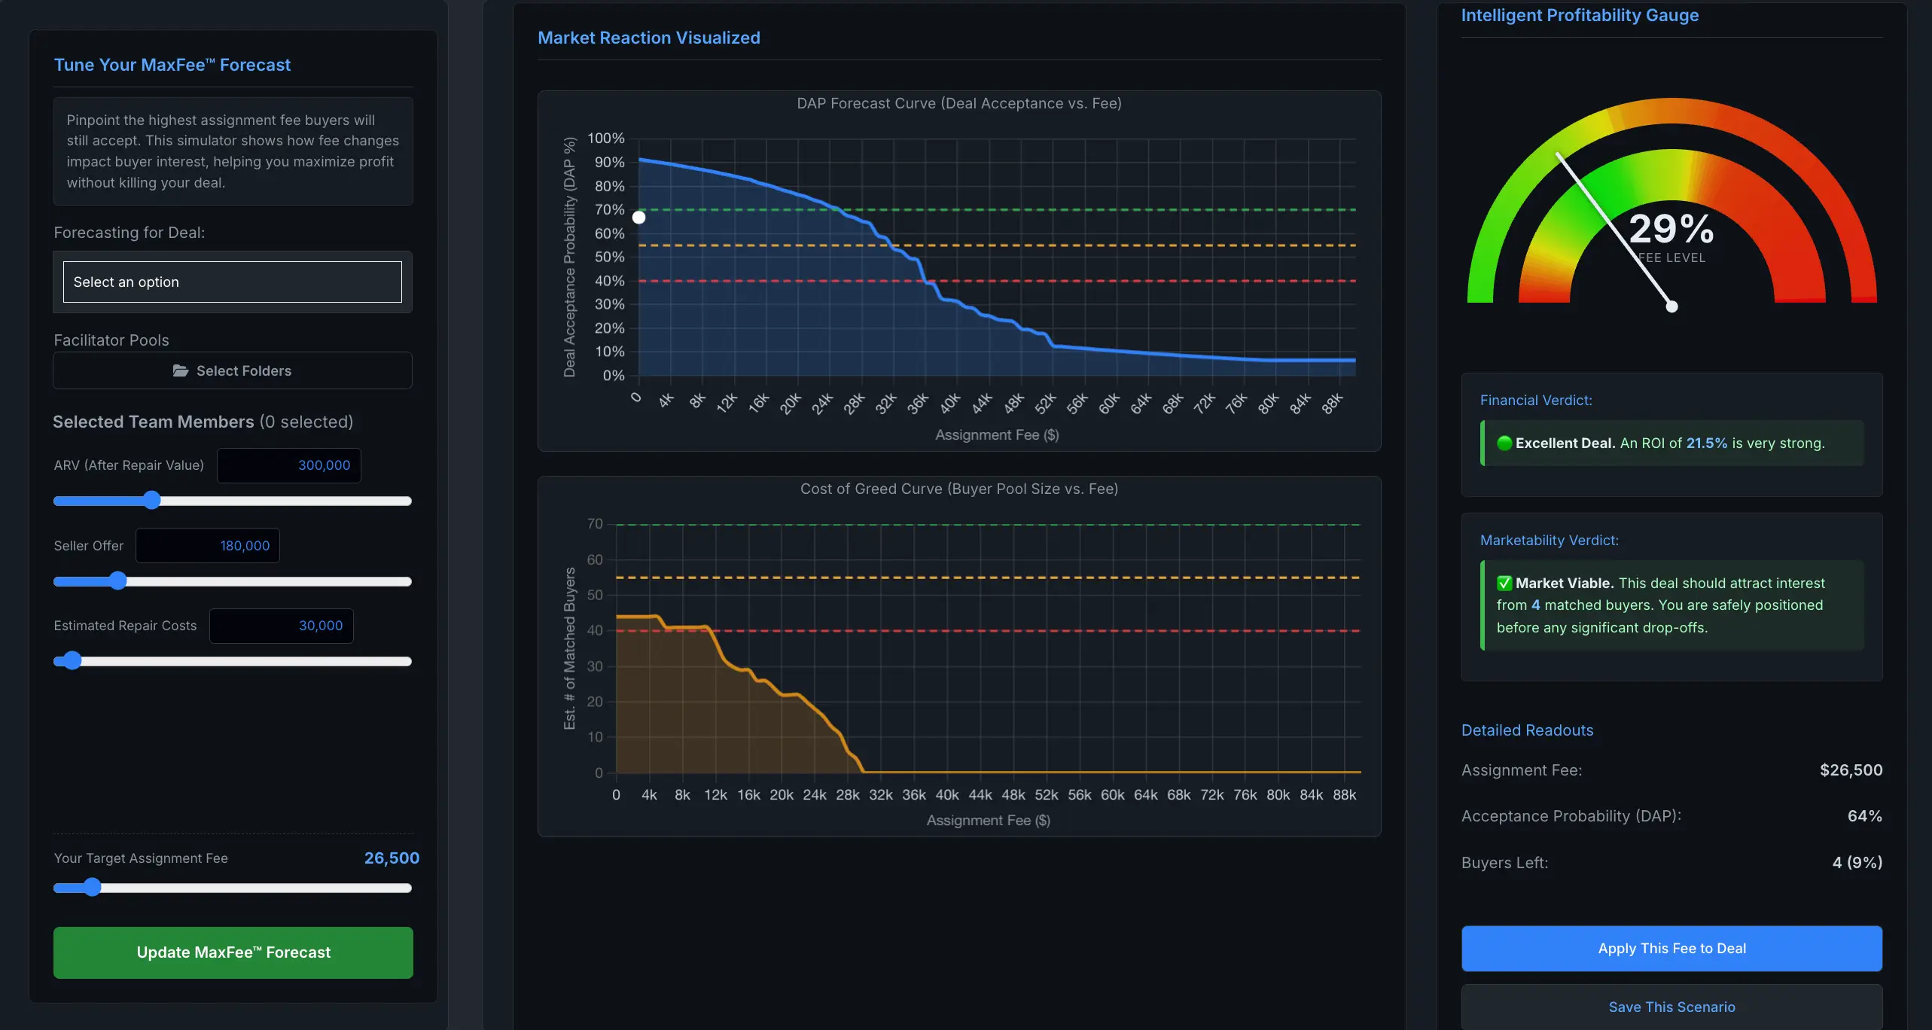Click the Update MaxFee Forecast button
pos(233,952)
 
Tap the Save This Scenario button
pos(1671,1007)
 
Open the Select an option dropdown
pos(232,282)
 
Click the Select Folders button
pos(232,370)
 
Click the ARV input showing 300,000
pos(289,465)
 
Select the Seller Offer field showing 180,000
pos(208,546)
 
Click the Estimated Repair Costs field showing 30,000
pos(282,626)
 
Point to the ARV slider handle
pos(152,501)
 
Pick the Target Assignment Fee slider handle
pos(92,888)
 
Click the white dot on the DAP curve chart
pos(638,218)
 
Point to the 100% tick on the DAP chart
pos(606,139)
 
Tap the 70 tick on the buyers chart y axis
pos(595,524)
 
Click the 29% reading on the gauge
pos(1671,229)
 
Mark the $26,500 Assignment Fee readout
pos(1851,770)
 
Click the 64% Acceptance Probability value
pos(1864,816)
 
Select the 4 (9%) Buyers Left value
pos(1857,863)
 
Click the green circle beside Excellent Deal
pos(1504,443)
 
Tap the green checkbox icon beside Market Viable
pos(1504,584)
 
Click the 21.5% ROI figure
pos(1707,443)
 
